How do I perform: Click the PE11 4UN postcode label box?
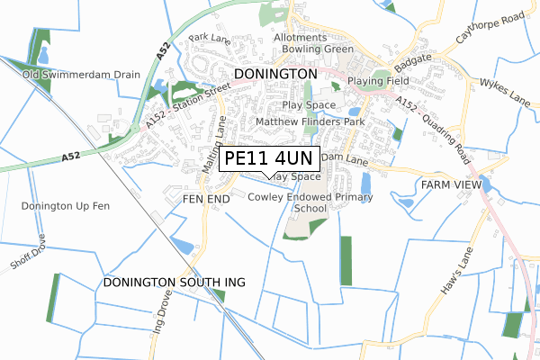[x=268, y=158]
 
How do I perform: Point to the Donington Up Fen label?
[x=65, y=206]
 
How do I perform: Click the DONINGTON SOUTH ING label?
[x=174, y=283]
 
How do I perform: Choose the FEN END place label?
[x=206, y=197]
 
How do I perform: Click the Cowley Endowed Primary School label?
[x=310, y=202]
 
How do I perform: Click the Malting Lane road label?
[x=213, y=144]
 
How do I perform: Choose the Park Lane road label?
[x=210, y=38]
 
